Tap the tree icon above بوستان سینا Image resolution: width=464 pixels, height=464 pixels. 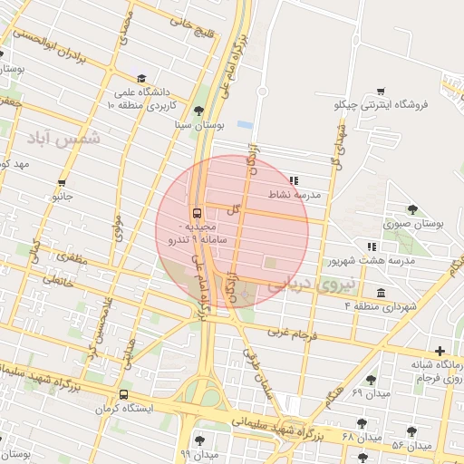(x=186, y=110)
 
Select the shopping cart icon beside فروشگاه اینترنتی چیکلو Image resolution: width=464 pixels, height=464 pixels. (x=381, y=92)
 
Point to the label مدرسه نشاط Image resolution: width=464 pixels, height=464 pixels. (x=296, y=195)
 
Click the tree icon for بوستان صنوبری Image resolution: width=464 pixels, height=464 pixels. (x=413, y=209)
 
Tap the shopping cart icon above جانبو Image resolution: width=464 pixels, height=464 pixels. (x=62, y=182)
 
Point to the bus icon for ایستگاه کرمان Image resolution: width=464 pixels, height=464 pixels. (x=123, y=394)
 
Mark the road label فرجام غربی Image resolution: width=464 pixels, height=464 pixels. (x=293, y=334)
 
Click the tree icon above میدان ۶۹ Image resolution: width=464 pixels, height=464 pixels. (x=369, y=380)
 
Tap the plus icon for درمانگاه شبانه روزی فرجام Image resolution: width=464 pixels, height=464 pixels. (x=440, y=351)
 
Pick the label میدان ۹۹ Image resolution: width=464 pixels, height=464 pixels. (x=200, y=451)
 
